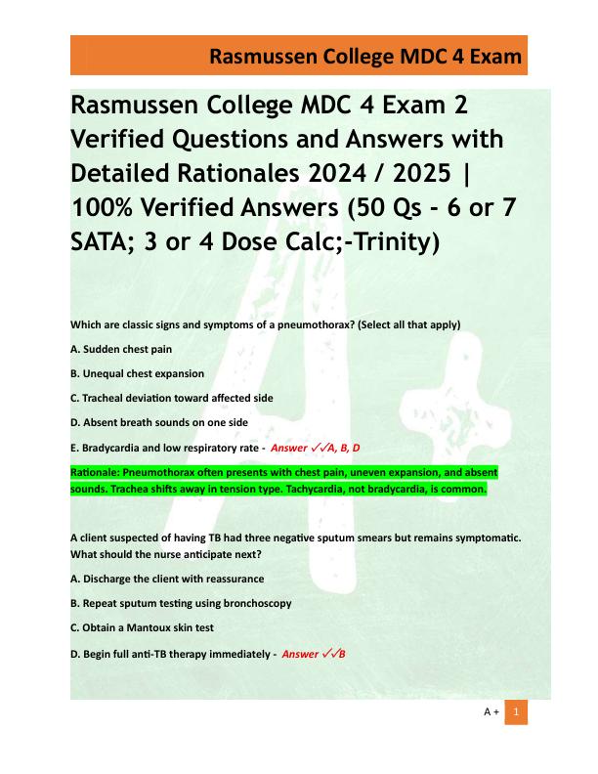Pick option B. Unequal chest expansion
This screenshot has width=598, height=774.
[x=137, y=373]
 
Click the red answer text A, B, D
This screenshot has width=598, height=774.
[x=341, y=449]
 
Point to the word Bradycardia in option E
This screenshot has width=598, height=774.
[x=114, y=448]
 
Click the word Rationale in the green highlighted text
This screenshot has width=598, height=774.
[x=94, y=472]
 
